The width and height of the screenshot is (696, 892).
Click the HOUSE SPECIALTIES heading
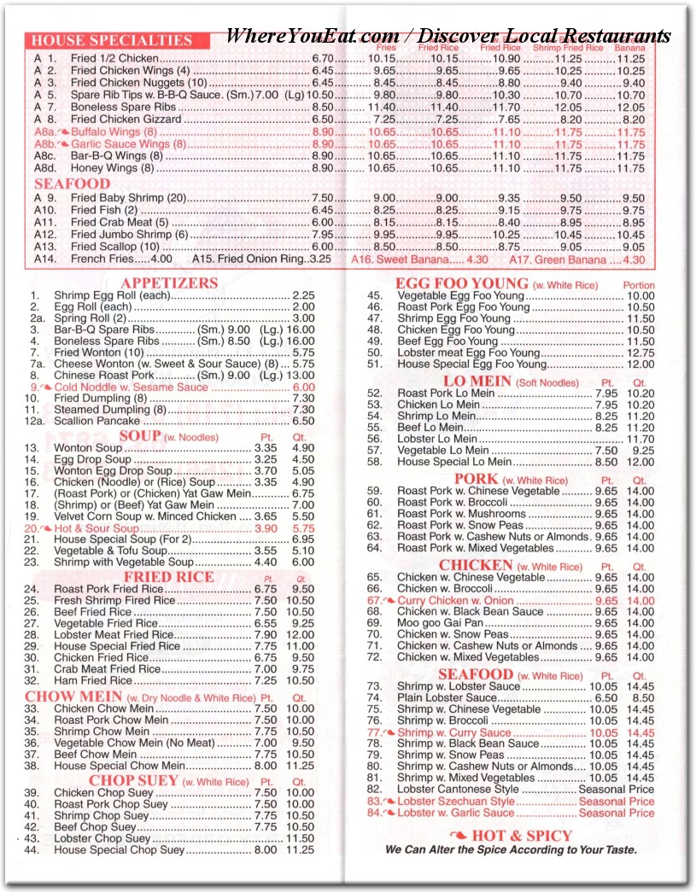(112, 40)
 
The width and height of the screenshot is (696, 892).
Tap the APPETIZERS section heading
(169, 283)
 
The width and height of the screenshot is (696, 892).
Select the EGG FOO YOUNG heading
(461, 283)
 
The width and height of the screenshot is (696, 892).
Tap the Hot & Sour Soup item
(96, 528)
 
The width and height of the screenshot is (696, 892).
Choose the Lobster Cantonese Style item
(458, 790)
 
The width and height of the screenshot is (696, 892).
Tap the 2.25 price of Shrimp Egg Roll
(303, 295)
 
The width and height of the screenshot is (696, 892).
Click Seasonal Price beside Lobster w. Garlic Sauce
(617, 813)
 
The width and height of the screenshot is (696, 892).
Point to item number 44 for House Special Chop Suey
(34, 849)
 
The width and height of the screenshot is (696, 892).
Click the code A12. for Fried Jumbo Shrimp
(46, 234)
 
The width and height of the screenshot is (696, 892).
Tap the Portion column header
(639, 285)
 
